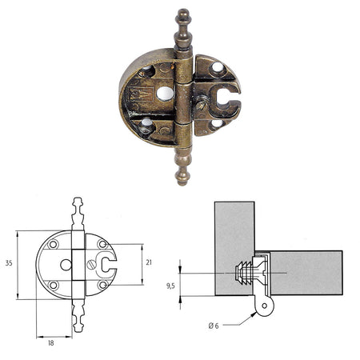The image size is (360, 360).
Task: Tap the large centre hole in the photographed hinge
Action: click(164, 94)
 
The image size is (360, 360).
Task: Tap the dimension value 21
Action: click(150, 262)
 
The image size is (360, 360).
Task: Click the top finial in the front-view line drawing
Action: click(78, 206)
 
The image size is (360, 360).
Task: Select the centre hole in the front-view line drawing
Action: click(65, 264)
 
